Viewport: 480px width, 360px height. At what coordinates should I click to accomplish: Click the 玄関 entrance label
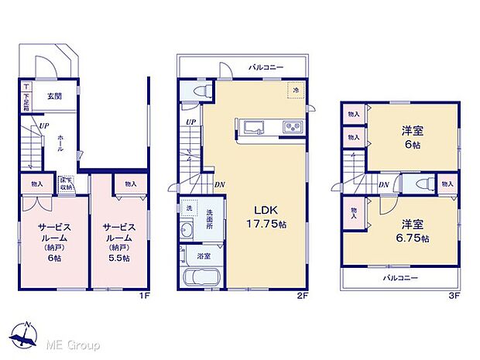click(x=55, y=96)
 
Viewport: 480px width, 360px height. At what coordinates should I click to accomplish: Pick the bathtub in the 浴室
click(x=204, y=279)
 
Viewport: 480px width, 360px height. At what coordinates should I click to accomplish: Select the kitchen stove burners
click(x=294, y=127)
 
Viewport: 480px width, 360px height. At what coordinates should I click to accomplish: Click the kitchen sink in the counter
click(x=255, y=127)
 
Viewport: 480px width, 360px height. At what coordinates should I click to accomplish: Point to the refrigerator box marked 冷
click(x=295, y=90)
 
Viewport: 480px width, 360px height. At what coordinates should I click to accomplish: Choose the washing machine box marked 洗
click(x=188, y=209)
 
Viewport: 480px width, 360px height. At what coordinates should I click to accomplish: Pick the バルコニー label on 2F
click(x=265, y=67)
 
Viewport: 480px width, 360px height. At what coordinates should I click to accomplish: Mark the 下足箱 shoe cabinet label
click(x=26, y=97)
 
